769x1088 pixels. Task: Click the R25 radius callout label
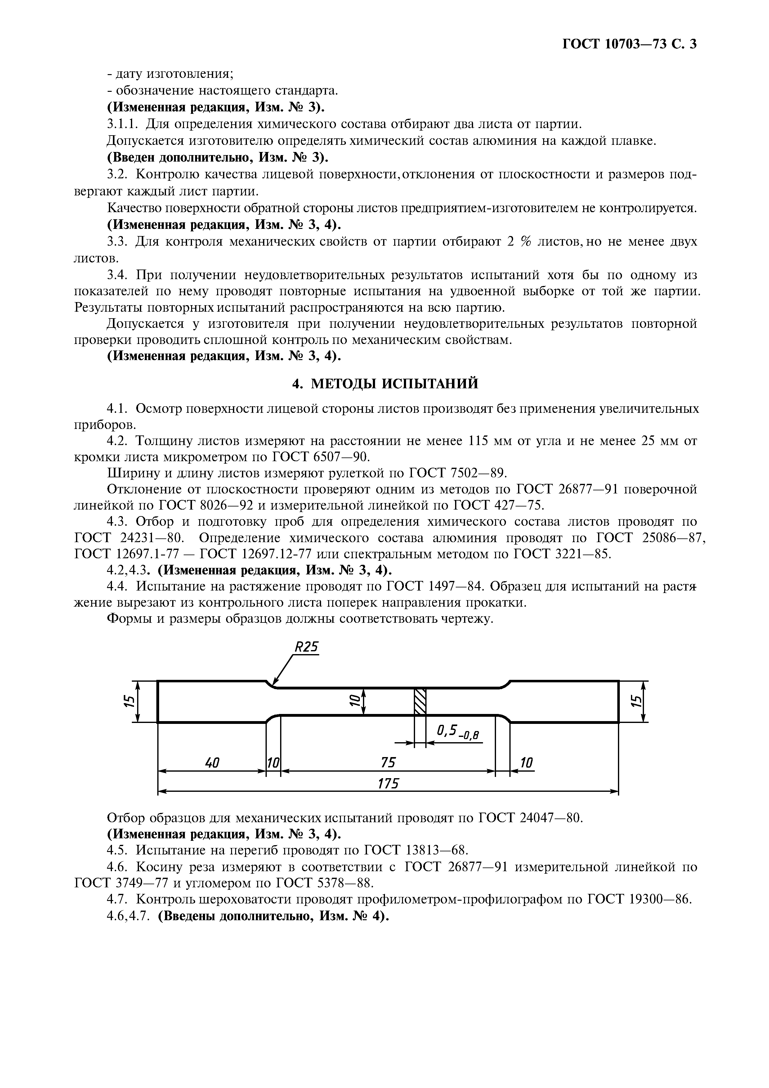point(306,647)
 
